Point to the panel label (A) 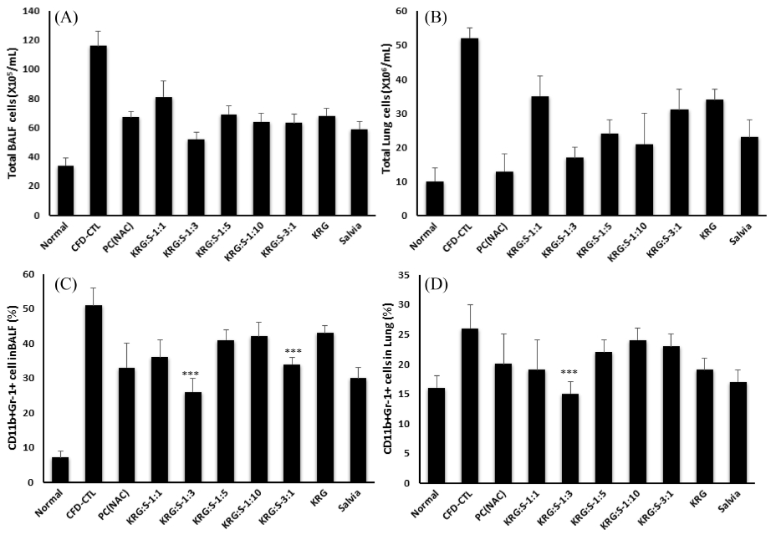[66, 18]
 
